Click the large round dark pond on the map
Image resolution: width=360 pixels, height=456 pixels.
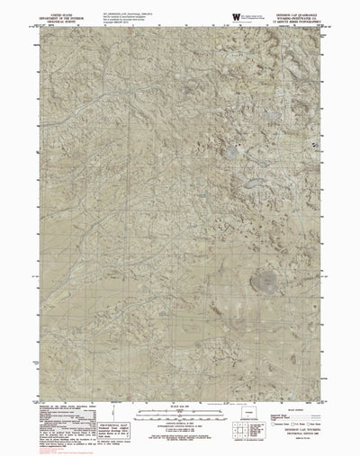pos(270,280)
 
